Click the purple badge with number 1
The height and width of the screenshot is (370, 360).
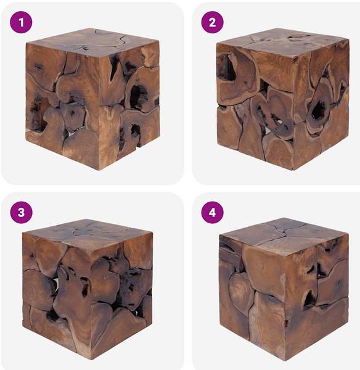(x=21, y=22)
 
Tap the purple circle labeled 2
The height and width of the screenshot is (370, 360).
(x=212, y=22)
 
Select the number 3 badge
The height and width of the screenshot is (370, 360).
(x=21, y=212)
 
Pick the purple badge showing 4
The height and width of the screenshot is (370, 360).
(x=212, y=212)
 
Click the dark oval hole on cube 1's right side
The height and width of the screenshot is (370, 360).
(x=136, y=96)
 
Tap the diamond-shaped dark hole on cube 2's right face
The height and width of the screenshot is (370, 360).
(x=319, y=110)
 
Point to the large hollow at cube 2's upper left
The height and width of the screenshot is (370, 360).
(x=227, y=67)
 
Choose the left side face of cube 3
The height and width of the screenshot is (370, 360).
(x=57, y=295)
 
